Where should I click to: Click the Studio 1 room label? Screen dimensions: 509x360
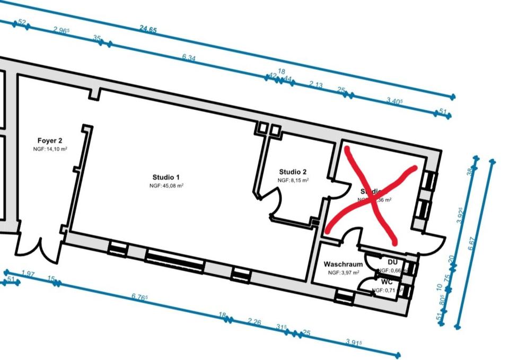click(166, 177)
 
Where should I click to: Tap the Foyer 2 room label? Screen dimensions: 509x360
click(50, 141)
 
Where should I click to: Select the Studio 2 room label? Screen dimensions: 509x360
click(293, 172)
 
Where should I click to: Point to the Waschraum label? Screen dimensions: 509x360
click(343, 264)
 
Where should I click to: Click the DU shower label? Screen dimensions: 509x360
click(392, 262)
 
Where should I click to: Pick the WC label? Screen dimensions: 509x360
click(387, 282)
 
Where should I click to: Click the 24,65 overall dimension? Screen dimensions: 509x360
click(148, 30)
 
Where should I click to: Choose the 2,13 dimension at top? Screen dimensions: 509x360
click(316, 85)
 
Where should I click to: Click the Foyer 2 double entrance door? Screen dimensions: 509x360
click(39, 249)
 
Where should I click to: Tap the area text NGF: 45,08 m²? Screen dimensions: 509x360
click(166, 186)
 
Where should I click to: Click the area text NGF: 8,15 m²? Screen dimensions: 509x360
click(293, 180)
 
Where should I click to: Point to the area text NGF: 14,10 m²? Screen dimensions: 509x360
click(50, 150)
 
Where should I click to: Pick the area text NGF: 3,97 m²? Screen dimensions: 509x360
click(343, 273)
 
